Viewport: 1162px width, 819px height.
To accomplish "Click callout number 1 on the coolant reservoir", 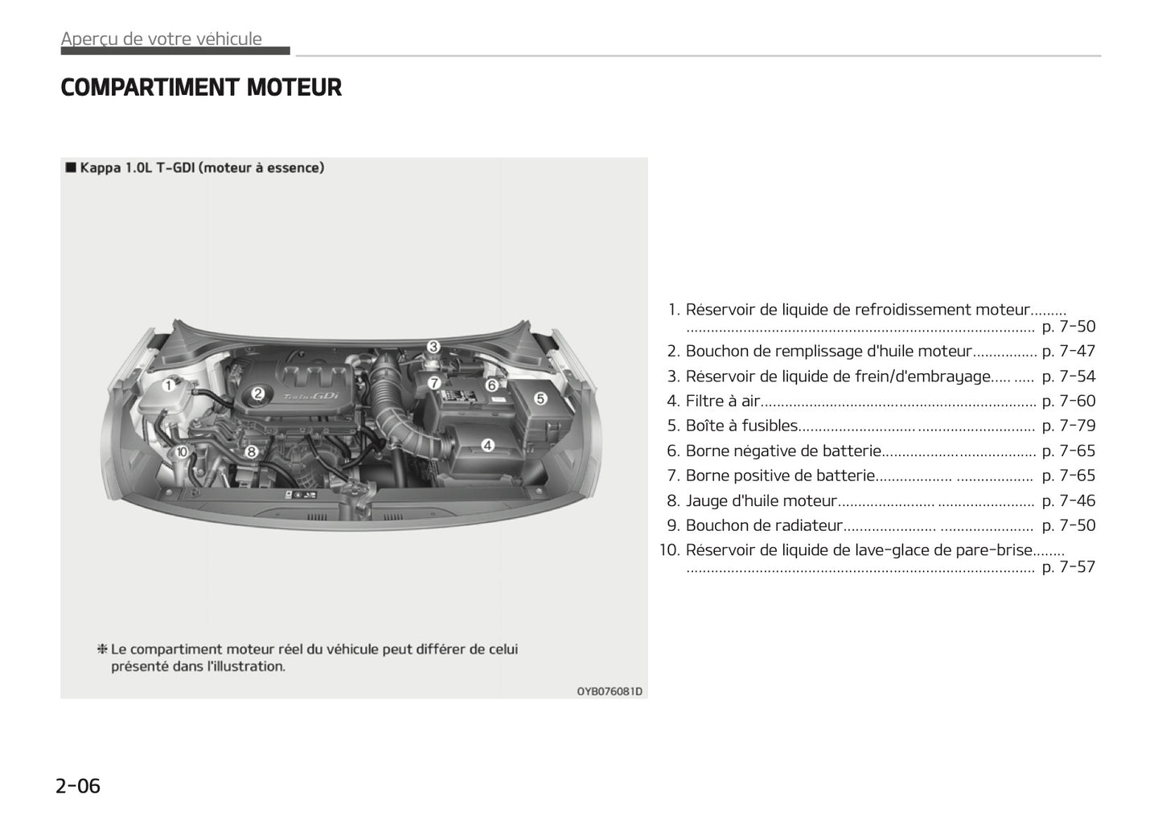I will [x=169, y=385].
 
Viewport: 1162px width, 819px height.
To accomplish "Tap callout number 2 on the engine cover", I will [x=258, y=393].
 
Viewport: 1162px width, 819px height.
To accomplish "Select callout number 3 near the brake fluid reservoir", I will [x=433, y=347].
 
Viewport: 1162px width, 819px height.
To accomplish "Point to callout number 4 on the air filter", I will [x=487, y=445].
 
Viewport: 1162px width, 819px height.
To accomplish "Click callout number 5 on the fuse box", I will [x=540, y=398].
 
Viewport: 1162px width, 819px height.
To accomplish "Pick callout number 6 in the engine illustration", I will [x=491, y=385].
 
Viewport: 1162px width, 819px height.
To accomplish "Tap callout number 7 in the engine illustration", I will [x=434, y=383].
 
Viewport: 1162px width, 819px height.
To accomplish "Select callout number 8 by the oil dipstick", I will [x=251, y=452].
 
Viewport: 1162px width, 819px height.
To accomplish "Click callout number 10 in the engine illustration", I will [x=182, y=452].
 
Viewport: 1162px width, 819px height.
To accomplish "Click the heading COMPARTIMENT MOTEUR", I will [x=201, y=87].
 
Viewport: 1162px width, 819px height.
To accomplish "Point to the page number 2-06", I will [x=78, y=786].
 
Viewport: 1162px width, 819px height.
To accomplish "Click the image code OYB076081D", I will [x=610, y=691].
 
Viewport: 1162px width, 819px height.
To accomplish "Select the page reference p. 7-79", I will [x=1068, y=426].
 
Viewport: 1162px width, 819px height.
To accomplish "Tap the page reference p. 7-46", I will [x=1068, y=500].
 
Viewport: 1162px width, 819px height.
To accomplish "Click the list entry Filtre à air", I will [x=722, y=401].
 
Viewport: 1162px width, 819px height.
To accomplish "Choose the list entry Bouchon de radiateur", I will [x=763, y=525].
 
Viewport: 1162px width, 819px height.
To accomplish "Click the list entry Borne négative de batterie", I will [x=783, y=451].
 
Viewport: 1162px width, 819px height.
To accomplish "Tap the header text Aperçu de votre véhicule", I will [x=162, y=39].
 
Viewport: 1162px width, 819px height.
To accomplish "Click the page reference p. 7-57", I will [x=1068, y=566].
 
